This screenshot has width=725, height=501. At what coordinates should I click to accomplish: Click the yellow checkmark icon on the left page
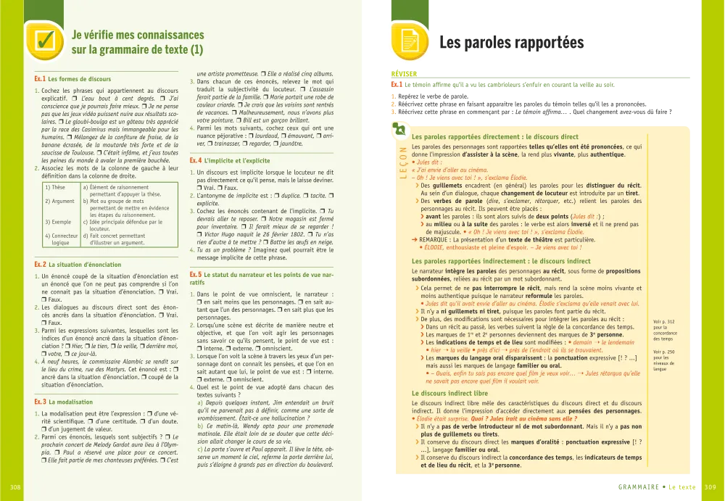pos(44,41)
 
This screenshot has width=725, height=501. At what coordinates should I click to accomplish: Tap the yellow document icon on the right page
pos(410,41)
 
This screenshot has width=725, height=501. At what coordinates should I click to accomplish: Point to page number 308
pos(15,486)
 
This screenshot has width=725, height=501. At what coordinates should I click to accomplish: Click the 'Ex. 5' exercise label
pos(195,275)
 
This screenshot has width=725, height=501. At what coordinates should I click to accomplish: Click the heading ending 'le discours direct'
pos(494,136)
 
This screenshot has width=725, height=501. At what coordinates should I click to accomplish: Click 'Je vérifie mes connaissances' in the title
pos(138,35)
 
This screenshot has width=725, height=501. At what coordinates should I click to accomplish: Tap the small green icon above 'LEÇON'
pos(398,130)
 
